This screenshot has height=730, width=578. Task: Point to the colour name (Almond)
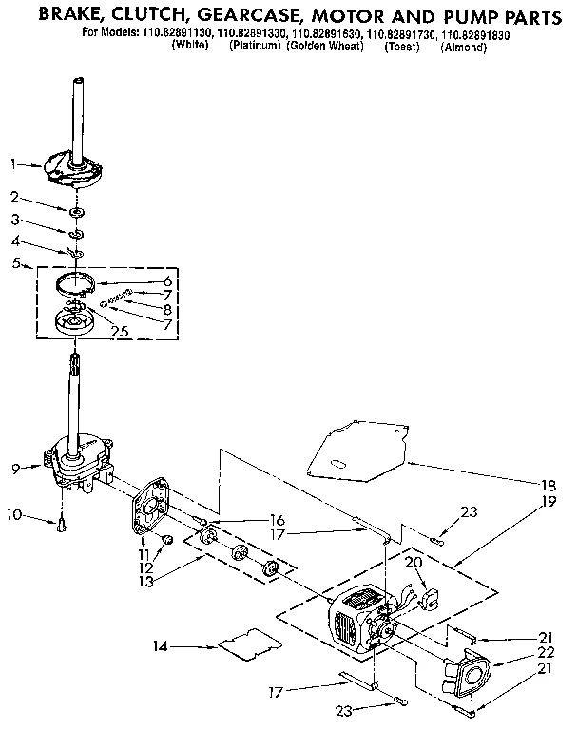coord(465,48)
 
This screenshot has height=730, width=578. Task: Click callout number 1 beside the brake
coord(13,163)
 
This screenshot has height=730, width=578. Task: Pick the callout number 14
coord(159,647)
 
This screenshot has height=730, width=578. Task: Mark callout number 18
coord(550,482)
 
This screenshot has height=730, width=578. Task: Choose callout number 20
coord(412,563)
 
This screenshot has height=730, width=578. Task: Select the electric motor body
coord(356,618)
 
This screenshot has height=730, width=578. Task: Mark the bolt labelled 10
coord(62,523)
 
